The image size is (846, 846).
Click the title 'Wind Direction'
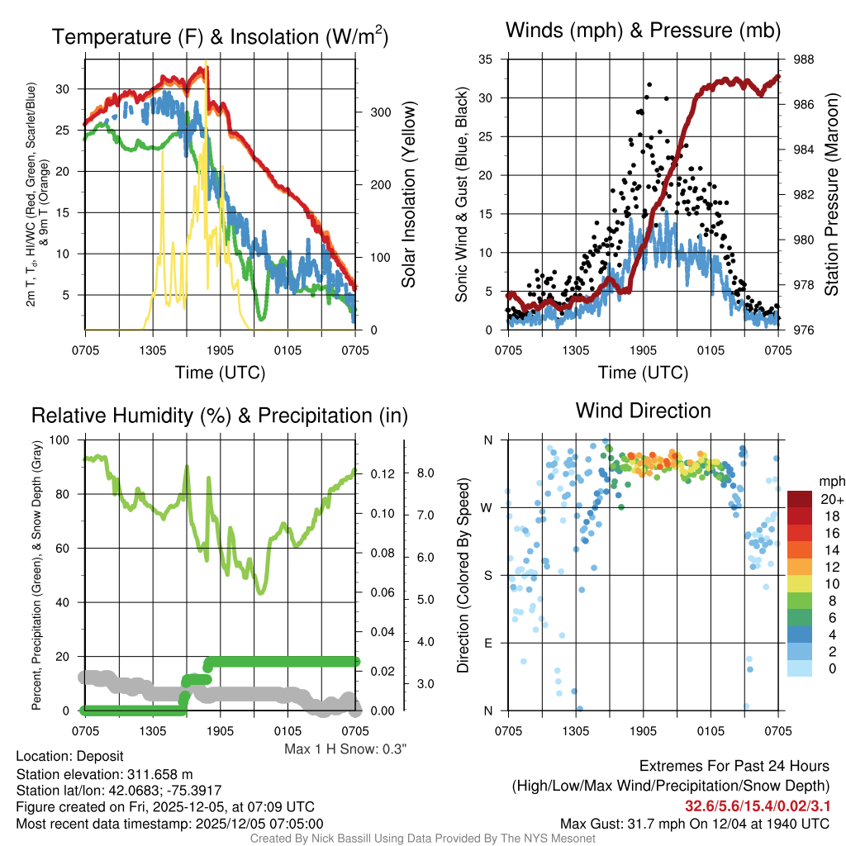pyautogui.click(x=643, y=411)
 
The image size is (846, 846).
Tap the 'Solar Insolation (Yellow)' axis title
pyautogui.click(x=409, y=194)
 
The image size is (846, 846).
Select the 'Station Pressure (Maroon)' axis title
pyautogui.click(x=831, y=194)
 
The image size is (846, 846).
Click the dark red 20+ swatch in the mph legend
pyautogui.click(x=801, y=499)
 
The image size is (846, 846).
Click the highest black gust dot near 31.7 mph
pyautogui.click(x=650, y=84)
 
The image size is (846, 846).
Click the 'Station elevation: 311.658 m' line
pyautogui.click(x=104, y=774)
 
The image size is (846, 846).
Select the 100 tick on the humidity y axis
pyautogui.click(x=59, y=440)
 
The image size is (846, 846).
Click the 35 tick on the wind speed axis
pyautogui.click(x=486, y=59)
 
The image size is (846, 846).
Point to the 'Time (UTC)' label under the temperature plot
pyautogui.click(x=220, y=373)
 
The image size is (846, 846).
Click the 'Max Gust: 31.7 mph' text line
pyautogui.click(x=694, y=823)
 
